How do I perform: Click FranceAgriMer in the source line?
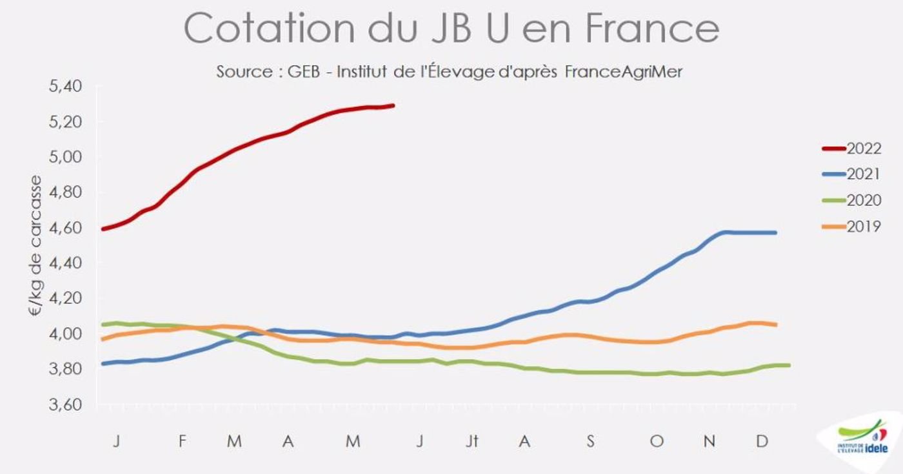(x=623, y=72)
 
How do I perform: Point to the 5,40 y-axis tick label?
(x=67, y=87)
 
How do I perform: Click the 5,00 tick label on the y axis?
(x=67, y=157)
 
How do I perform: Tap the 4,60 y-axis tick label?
(x=67, y=228)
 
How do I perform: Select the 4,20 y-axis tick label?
(x=67, y=298)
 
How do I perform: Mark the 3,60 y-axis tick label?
(x=67, y=405)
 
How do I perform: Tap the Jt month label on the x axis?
(x=472, y=441)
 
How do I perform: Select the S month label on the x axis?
(x=590, y=441)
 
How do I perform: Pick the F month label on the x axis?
(x=183, y=441)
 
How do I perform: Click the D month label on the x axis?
(x=762, y=441)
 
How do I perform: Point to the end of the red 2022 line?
(x=393, y=105)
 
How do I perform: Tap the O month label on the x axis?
(x=656, y=441)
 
